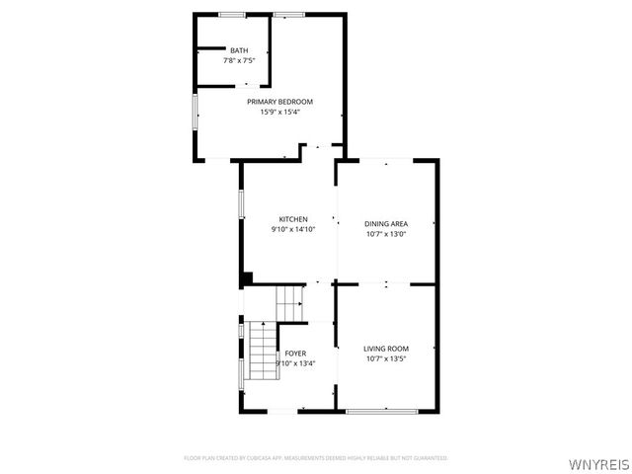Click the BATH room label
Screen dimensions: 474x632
(x=239, y=50)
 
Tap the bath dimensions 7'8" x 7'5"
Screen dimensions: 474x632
(x=239, y=61)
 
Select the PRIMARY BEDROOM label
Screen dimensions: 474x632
(x=279, y=102)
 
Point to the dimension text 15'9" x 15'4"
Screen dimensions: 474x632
(x=279, y=112)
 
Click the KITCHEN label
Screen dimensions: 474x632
(x=292, y=219)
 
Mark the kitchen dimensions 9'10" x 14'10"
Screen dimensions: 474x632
(x=292, y=229)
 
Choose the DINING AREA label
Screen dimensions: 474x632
(x=386, y=224)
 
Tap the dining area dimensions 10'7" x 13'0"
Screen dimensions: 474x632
(x=386, y=234)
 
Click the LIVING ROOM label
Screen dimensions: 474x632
(x=386, y=349)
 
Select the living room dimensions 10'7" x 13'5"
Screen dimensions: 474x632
(x=386, y=358)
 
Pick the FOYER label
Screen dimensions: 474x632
(x=295, y=353)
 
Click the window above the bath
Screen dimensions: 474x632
(x=232, y=14)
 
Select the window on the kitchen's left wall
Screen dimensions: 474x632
(x=242, y=202)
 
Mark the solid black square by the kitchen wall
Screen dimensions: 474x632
(x=247, y=278)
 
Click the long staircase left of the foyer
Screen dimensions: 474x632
(x=261, y=352)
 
